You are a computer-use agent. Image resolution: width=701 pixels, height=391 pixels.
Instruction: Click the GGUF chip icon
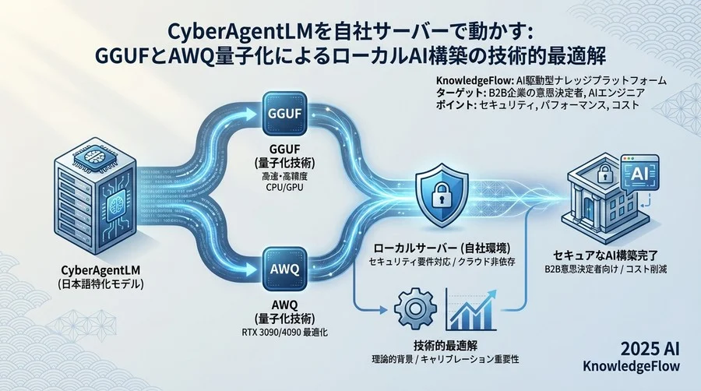coord(284,114)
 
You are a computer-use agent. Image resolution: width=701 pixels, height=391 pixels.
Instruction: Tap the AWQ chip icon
coord(284,269)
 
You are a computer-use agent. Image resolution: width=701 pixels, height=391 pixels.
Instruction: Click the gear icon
coord(415,308)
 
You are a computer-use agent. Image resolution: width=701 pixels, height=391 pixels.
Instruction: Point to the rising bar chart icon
coord(471,309)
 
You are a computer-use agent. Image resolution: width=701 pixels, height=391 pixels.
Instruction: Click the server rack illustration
coord(95,199)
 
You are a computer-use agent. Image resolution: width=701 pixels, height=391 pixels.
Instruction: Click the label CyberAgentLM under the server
coord(100,270)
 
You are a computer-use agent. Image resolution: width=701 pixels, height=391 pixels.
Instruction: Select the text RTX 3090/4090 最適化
coord(285,333)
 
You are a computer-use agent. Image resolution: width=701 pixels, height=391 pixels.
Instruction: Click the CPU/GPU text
coord(284,187)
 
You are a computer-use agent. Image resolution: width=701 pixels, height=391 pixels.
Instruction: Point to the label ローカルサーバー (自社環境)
coord(442,248)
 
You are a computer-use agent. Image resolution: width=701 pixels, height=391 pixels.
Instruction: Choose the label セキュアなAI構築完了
coord(605,255)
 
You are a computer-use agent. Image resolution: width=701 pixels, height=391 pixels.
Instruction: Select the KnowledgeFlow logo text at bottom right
coord(631,366)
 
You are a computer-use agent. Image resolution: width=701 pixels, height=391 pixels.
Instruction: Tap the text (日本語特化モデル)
coord(100,284)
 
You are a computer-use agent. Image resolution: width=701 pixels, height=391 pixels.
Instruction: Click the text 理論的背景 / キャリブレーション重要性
coord(445,359)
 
